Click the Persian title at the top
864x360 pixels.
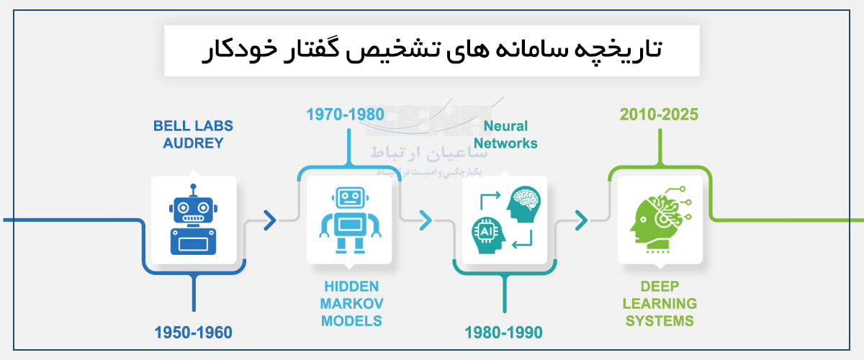tap(431, 51)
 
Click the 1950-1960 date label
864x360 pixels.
tap(193, 333)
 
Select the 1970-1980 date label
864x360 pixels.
tap(345, 114)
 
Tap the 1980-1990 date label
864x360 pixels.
tap(503, 333)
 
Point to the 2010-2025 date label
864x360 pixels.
tap(660, 114)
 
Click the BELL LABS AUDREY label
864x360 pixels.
tap(193, 135)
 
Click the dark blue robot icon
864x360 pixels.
tap(193, 220)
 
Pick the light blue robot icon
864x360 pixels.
tap(349, 220)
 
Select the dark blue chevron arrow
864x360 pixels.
tap(270, 220)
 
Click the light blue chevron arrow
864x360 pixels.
tap(426, 220)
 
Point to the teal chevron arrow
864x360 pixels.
tap(581, 220)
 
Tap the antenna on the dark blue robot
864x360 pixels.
tap(193, 191)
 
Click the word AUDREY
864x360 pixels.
tap(193, 143)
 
